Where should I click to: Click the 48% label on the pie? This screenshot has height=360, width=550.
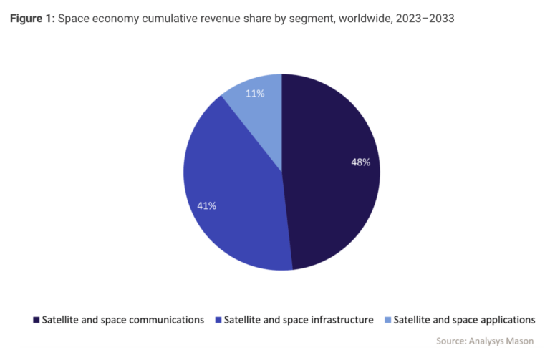click(x=360, y=162)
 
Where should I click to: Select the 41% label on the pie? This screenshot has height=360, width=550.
click(x=207, y=205)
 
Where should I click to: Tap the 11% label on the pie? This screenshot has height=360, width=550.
click(x=256, y=93)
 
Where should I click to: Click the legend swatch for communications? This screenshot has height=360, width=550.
click(x=36, y=320)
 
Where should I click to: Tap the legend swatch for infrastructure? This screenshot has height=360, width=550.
click(x=218, y=320)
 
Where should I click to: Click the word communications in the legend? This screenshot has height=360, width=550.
click(x=165, y=320)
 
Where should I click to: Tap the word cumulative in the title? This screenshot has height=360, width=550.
click(x=159, y=19)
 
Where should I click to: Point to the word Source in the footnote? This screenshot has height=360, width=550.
click(x=452, y=341)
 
